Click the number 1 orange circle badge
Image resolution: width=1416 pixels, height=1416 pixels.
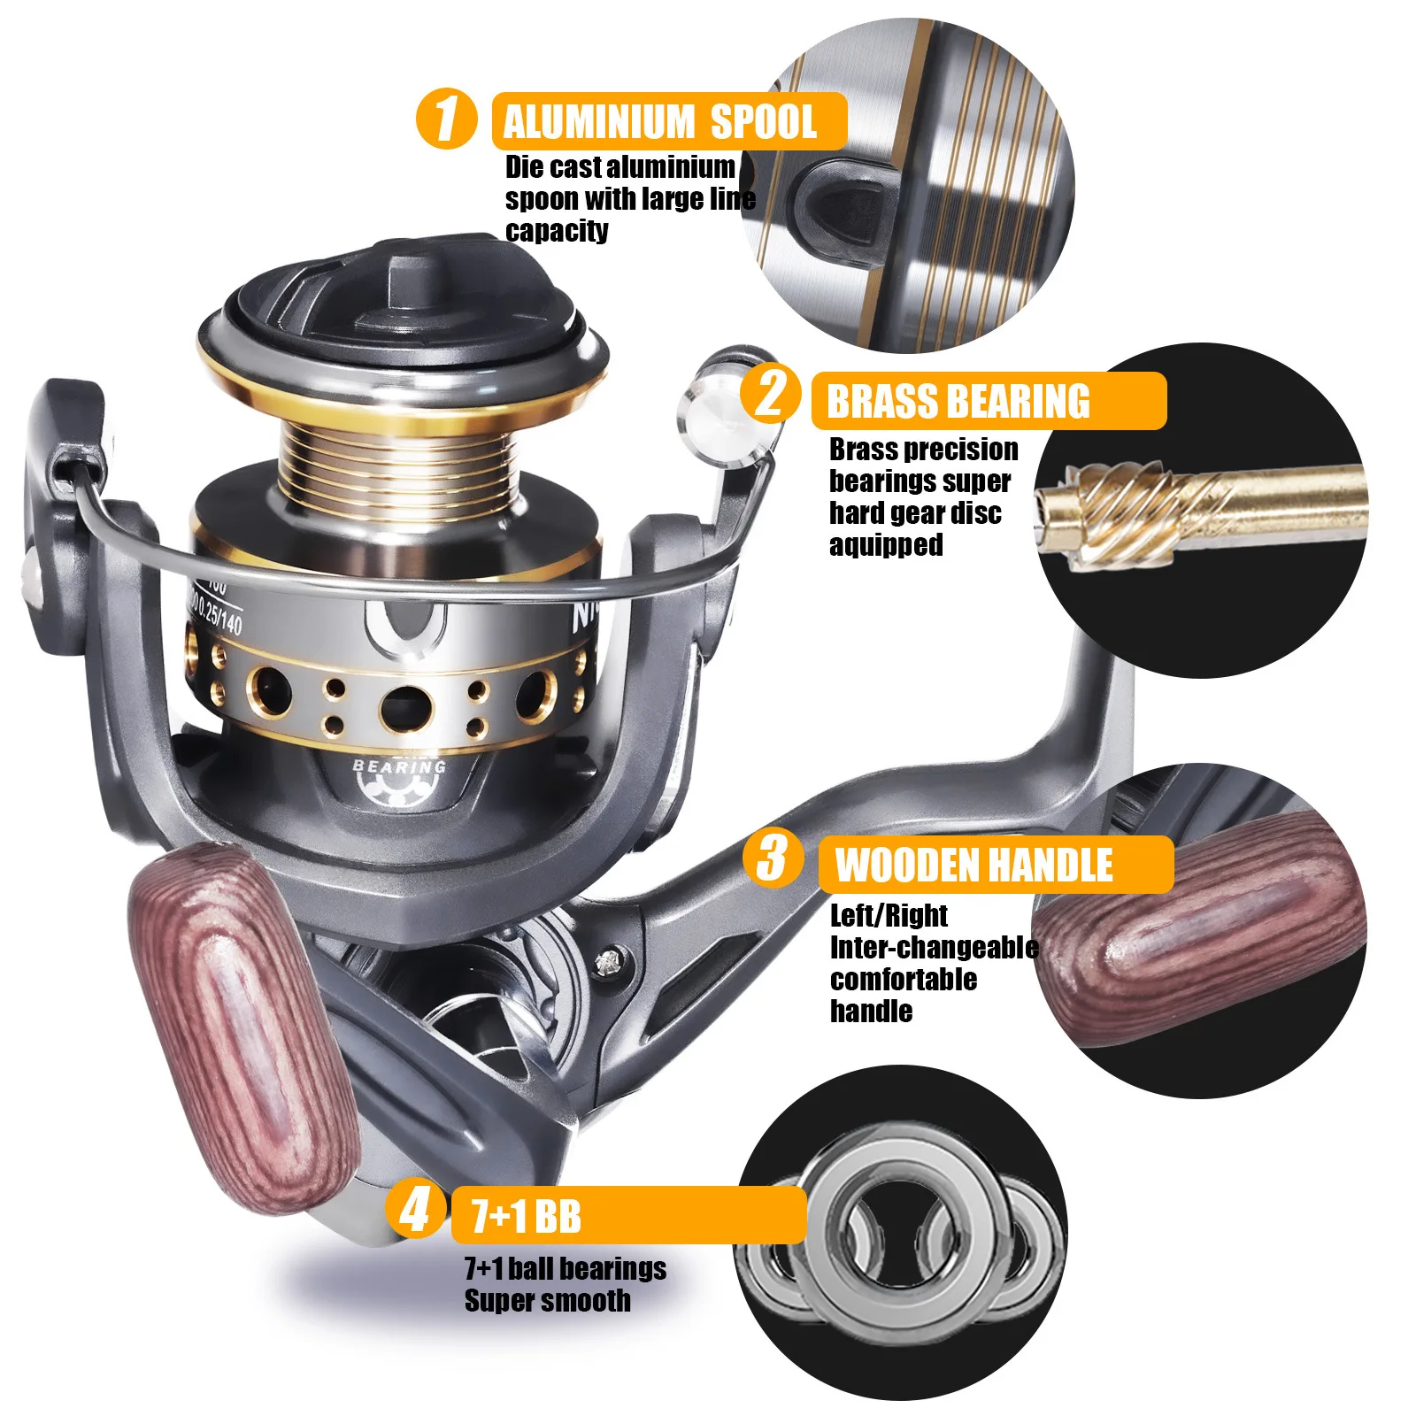pyautogui.click(x=447, y=118)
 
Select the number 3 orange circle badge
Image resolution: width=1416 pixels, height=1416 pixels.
pyautogui.click(x=773, y=858)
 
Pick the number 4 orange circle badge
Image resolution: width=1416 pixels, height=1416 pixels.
pyautogui.click(x=416, y=1209)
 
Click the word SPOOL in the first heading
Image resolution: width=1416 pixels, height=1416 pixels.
pyautogui.click(x=763, y=122)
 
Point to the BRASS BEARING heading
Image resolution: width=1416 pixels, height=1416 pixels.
pyautogui.click(x=958, y=402)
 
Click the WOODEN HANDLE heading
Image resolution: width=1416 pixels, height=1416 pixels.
pyautogui.click(x=973, y=865)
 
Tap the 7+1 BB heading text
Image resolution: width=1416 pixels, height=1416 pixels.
pyautogui.click(x=526, y=1216)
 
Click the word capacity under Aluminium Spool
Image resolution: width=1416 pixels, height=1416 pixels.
pyautogui.click(x=557, y=231)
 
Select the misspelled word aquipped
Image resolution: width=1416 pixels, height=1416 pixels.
pyautogui.click(x=886, y=545)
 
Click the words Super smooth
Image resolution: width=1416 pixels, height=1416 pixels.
pyautogui.click(x=548, y=1301)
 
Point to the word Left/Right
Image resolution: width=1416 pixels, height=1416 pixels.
pyautogui.click(x=889, y=915)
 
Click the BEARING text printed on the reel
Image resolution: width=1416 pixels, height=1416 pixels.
pyautogui.click(x=400, y=766)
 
